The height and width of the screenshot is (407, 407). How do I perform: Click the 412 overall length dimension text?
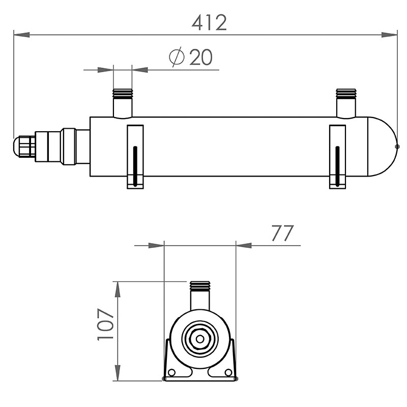click(209, 23)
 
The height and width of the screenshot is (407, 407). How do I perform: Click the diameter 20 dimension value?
click(201, 58)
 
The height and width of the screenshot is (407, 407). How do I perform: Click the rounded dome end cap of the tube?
click(383, 147)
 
